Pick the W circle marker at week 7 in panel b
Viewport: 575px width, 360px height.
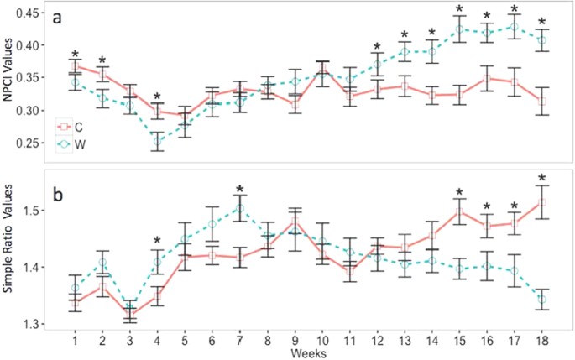[239, 208]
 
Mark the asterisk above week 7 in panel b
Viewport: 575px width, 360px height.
[239, 190]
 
